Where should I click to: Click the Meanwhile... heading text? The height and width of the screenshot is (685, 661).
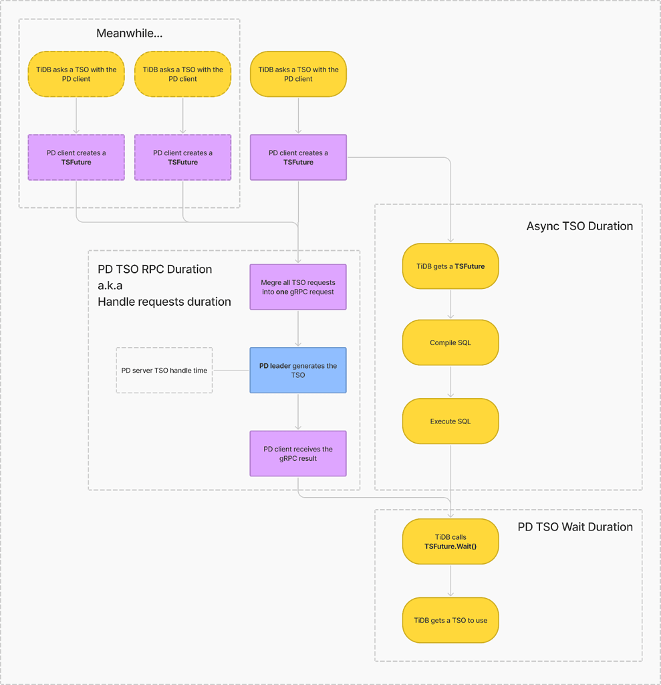pyautogui.click(x=129, y=33)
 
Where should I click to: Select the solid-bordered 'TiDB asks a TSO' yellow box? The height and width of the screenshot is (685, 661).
pyautogui.click(x=298, y=74)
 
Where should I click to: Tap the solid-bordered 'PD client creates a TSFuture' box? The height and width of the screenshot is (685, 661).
pyautogui.click(x=298, y=157)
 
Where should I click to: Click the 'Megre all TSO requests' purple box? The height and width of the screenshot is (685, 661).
pyautogui.click(x=298, y=287)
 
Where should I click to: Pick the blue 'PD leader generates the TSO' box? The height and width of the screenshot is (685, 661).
pyautogui.click(x=298, y=370)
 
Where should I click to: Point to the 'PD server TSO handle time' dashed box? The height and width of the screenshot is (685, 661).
pyautogui.click(x=164, y=370)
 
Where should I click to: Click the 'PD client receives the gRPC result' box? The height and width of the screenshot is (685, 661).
pyautogui.click(x=298, y=454)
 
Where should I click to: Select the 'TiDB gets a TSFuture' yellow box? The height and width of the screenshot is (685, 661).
pyautogui.click(x=450, y=266)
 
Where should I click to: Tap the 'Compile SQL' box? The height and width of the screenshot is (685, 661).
pyautogui.click(x=450, y=342)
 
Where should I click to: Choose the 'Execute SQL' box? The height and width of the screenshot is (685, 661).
pyautogui.click(x=450, y=421)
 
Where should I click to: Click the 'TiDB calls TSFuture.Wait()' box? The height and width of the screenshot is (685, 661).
pyautogui.click(x=450, y=542)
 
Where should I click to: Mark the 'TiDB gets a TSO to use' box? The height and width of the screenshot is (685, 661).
pyautogui.click(x=450, y=620)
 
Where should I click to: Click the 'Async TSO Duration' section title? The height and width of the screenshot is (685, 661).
pyautogui.click(x=579, y=226)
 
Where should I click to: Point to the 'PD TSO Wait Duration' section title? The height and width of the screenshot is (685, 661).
pyautogui.click(x=575, y=527)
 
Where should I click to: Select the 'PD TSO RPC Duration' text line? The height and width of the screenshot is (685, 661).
pyautogui.click(x=155, y=270)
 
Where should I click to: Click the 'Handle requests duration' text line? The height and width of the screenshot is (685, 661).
pyautogui.click(x=164, y=302)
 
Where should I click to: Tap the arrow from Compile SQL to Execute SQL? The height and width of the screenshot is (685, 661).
pyautogui.click(x=450, y=382)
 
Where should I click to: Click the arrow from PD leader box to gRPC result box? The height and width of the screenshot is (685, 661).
pyautogui.click(x=298, y=411)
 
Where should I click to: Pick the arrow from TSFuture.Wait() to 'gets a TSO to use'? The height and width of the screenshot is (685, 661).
pyautogui.click(x=450, y=581)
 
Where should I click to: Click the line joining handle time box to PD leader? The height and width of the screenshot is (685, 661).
pyautogui.click(x=231, y=370)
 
